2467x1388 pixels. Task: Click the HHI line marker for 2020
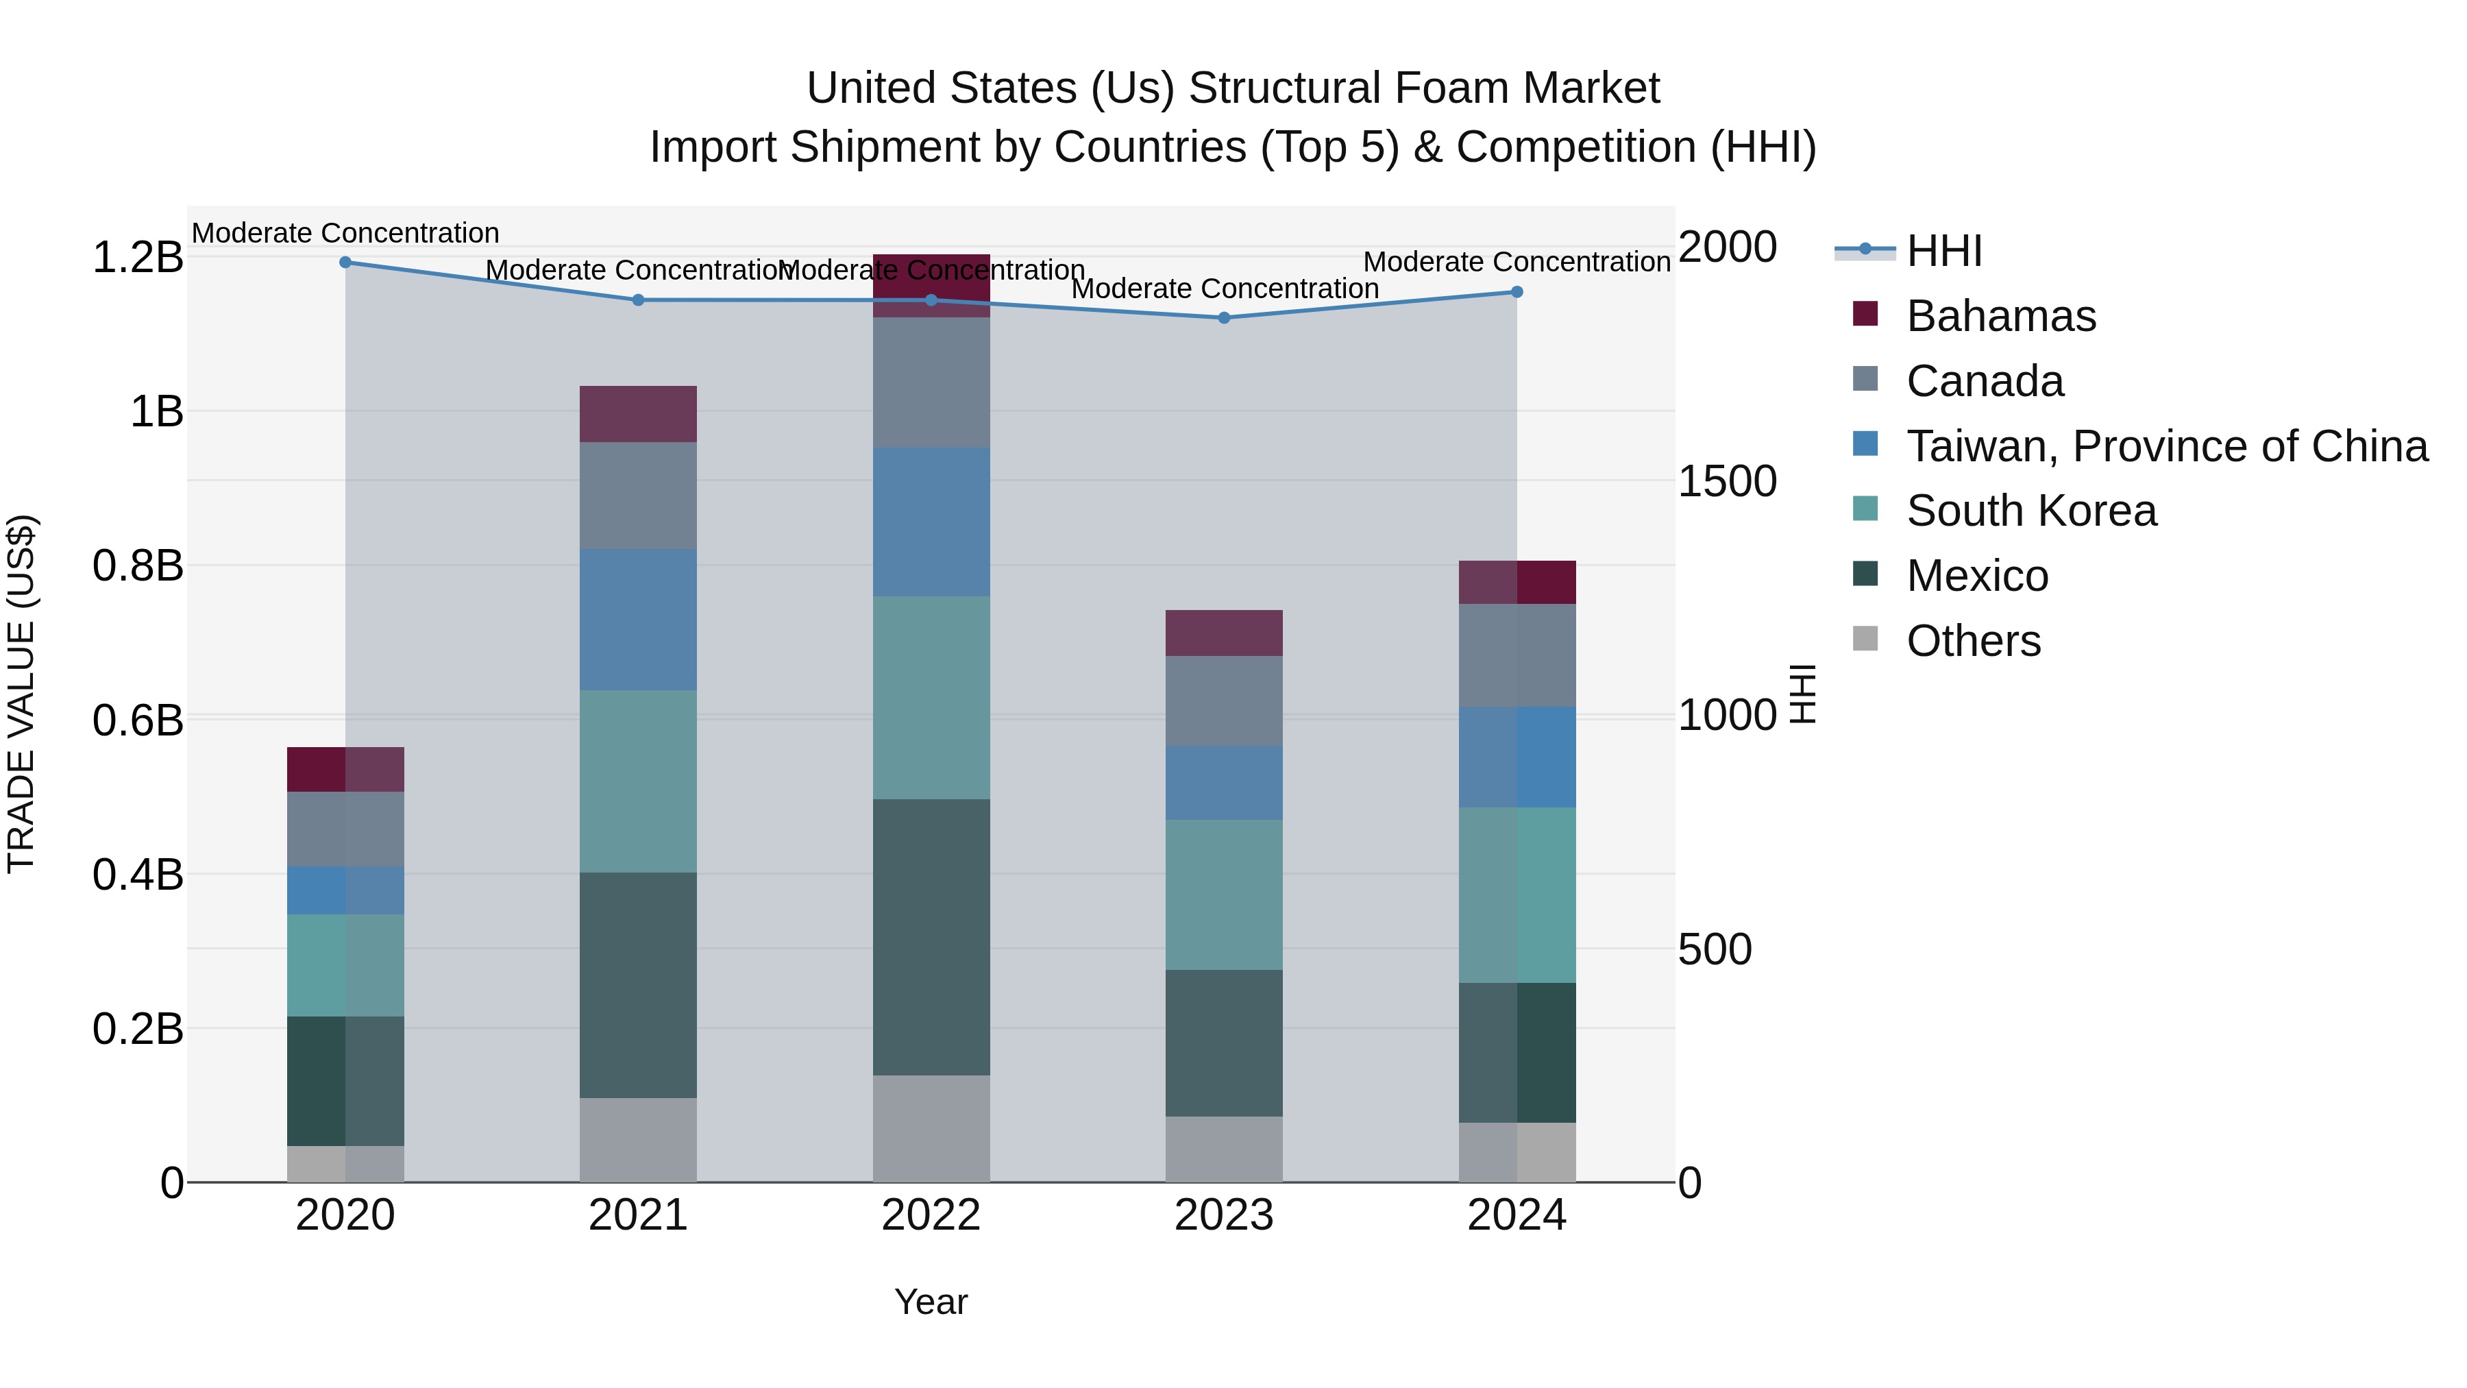click(x=346, y=262)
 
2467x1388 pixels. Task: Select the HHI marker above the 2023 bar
click(x=1224, y=317)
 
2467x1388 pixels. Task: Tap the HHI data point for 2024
click(x=1517, y=291)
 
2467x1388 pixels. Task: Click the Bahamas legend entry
click(x=2000, y=316)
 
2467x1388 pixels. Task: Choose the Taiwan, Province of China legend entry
click(x=2166, y=446)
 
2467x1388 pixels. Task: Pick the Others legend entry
click(x=1973, y=641)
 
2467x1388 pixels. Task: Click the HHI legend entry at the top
click(x=1943, y=251)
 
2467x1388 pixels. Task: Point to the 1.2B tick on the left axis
click(x=137, y=257)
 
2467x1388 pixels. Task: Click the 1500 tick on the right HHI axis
click(x=1727, y=481)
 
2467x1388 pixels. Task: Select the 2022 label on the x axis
click(x=931, y=1215)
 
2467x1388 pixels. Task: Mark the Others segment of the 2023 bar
click(x=1224, y=1149)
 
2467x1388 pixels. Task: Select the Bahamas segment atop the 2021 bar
click(x=638, y=414)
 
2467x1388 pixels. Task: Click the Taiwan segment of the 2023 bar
click(x=1224, y=783)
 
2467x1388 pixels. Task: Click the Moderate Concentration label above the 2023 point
click(x=1224, y=289)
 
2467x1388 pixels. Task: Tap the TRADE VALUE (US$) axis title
click(x=21, y=694)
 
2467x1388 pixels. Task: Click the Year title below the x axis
click(x=931, y=1302)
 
